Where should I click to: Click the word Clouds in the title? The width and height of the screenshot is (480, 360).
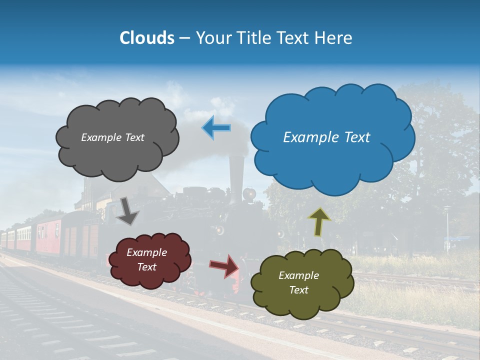click(146, 38)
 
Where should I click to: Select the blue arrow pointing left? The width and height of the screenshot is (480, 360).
click(216, 127)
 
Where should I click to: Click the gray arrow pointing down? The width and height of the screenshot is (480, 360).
click(127, 211)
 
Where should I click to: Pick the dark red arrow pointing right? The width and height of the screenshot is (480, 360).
click(224, 265)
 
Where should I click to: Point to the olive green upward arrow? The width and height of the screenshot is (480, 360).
click(319, 221)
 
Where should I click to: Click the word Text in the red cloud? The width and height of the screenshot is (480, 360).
click(147, 267)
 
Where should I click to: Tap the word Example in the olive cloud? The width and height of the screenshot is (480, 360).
click(298, 275)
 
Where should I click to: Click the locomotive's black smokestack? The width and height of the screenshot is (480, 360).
click(235, 172)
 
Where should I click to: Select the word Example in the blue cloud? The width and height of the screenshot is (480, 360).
click(310, 137)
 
